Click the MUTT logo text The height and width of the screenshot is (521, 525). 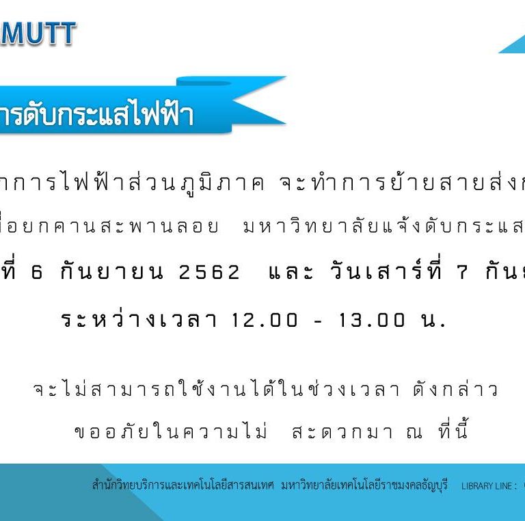point(38,33)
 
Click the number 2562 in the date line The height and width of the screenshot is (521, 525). point(209,272)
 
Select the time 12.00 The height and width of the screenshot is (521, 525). point(264,320)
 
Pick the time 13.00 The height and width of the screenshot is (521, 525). point(372,320)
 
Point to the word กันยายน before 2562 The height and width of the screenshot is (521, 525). point(112,271)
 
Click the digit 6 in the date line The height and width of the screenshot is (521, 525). point(37,272)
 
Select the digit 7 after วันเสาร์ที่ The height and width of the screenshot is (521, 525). point(462,272)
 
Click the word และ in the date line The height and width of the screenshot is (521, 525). point(291,272)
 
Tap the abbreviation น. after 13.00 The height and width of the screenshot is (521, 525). point(433,320)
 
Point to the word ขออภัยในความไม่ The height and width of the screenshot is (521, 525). point(171,429)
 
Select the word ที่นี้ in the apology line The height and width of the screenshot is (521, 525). point(453,428)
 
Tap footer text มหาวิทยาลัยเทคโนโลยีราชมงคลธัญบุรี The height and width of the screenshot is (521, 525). point(364,485)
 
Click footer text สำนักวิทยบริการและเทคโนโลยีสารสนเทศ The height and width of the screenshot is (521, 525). point(183,485)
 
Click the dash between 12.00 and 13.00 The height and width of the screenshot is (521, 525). point(318,322)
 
